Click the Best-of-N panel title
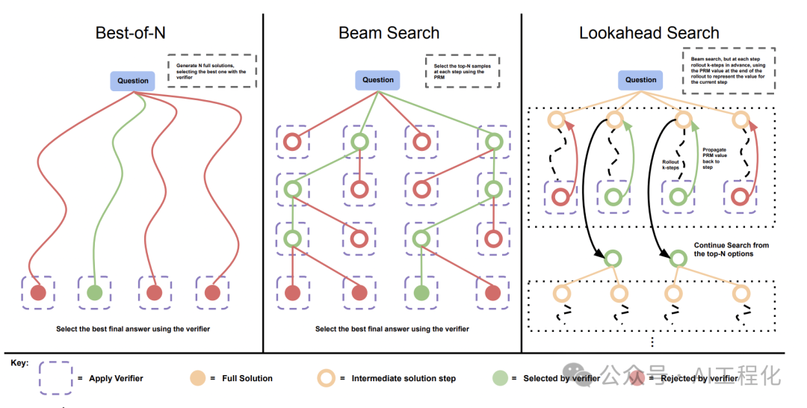coord(131,33)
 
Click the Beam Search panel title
coord(389,33)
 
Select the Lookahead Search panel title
coord(649,33)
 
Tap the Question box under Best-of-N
coord(133,81)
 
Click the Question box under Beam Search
coord(378,80)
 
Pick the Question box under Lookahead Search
coord(640,80)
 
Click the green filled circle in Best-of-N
coord(94,292)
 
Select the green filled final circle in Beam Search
coord(421,292)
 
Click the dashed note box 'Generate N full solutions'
coord(211,71)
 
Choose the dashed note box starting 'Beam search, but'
coord(728,71)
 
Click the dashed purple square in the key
coord(55,378)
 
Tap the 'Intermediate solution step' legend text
coord(403,379)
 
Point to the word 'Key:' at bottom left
coord(20,363)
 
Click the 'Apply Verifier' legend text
coord(116,379)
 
